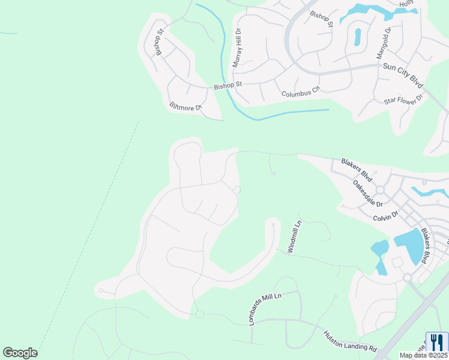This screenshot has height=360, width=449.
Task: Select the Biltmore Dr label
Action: click(x=186, y=107)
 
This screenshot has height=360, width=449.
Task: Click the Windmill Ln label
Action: click(x=295, y=236)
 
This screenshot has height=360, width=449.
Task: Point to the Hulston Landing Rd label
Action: click(x=349, y=341)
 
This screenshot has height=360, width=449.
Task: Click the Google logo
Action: click(x=20, y=352)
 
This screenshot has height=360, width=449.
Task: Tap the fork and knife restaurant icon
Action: click(x=437, y=343)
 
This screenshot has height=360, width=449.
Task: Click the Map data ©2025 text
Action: click(x=423, y=355)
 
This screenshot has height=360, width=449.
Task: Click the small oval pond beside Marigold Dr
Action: click(x=358, y=37)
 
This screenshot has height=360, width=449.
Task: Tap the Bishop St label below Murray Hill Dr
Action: click(x=228, y=86)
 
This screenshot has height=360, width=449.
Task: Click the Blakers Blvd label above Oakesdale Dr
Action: click(x=357, y=170)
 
